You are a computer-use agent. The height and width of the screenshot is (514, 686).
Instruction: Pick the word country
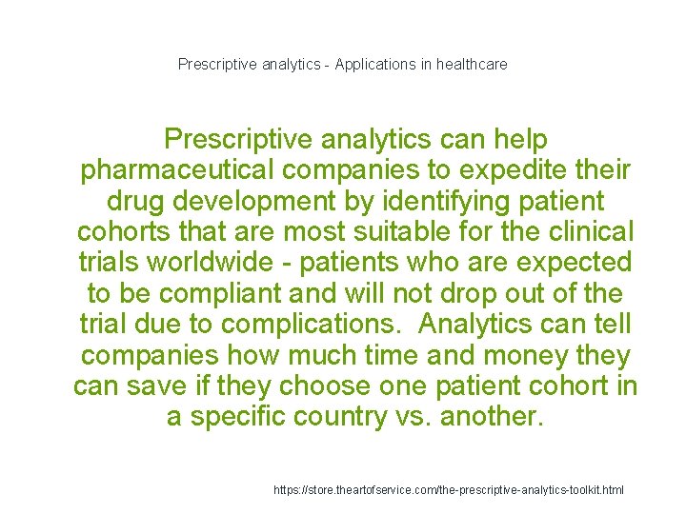point(375,417)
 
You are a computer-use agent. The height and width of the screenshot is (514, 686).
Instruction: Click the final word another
point(493,417)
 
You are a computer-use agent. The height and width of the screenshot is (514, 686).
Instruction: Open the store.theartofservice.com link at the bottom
point(449,489)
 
